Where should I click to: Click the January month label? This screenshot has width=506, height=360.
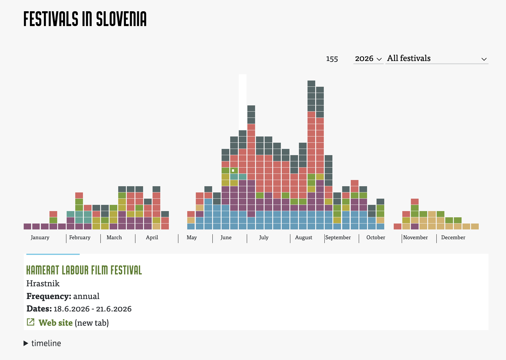(x=40, y=237)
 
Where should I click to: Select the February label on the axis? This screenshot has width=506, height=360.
(x=80, y=237)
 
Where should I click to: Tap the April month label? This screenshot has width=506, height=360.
(x=152, y=237)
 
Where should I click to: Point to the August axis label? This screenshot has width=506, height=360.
(x=304, y=237)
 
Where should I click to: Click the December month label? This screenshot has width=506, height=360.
(x=453, y=237)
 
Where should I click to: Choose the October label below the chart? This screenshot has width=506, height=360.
(x=376, y=237)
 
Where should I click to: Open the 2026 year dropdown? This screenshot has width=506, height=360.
(x=368, y=58)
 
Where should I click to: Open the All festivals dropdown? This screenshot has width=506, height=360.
(x=437, y=58)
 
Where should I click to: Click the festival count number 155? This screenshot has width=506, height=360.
(x=332, y=59)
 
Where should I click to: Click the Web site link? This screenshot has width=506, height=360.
(x=56, y=323)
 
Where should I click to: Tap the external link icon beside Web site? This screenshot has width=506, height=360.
(x=31, y=322)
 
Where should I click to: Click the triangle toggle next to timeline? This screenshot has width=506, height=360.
(x=26, y=343)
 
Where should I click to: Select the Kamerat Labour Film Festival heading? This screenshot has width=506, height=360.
(x=84, y=270)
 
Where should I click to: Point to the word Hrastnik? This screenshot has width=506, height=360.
(x=43, y=284)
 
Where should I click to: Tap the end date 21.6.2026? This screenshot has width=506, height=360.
(x=114, y=309)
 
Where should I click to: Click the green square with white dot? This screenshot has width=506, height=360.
(x=234, y=171)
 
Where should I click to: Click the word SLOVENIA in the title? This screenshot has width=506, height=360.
(x=121, y=19)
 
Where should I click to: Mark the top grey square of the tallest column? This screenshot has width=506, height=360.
(x=311, y=83)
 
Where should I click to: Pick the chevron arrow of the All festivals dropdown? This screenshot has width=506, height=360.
(x=484, y=59)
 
